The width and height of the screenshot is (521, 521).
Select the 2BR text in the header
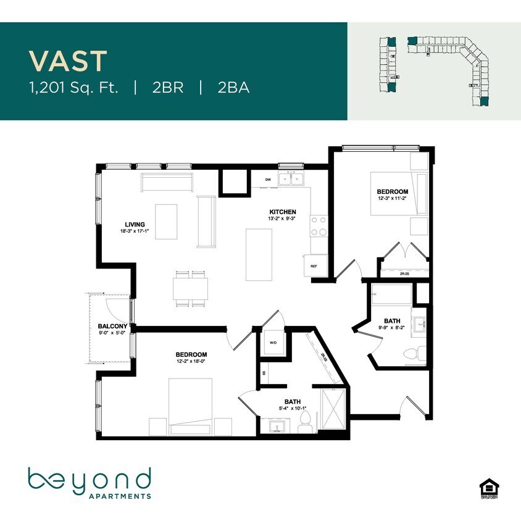(168, 87)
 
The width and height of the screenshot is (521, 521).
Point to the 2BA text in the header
(233, 87)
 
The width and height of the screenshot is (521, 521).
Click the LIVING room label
(135, 224)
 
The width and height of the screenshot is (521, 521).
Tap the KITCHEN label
(281, 212)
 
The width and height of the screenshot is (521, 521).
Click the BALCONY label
(112, 327)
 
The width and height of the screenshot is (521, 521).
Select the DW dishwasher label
(268, 180)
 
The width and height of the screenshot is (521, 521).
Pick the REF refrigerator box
(314, 265)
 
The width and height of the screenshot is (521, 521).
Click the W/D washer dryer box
(272, 343)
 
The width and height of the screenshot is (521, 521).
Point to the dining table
(190, 288)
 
